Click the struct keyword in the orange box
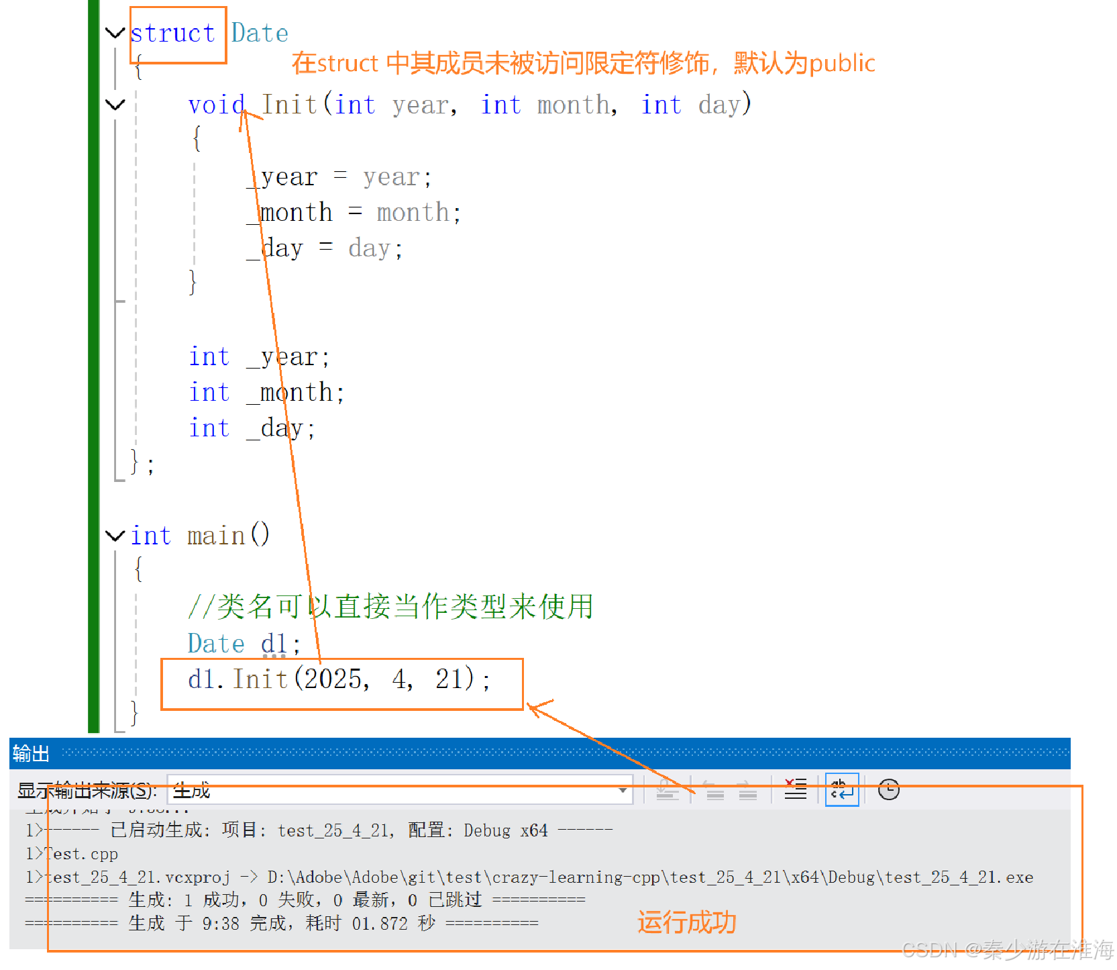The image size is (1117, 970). click(172, 34)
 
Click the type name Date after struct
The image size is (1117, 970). click(260, 34)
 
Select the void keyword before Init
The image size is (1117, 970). click(216, 105)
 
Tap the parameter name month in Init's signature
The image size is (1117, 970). click(573, 105)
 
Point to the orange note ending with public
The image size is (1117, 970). click(583, 64)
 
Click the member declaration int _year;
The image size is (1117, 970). click(259, 357)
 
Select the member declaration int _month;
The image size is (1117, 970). click(266, 393)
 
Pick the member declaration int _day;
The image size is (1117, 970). click(252, 428)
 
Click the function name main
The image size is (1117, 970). click(216, 536)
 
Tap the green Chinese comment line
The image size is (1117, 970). click(390, 607)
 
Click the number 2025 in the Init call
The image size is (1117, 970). click(333, 679)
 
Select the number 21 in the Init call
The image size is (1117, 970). click(449, 679)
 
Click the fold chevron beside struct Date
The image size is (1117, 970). click(115, 33)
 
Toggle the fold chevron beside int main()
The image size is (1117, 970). click(115, 536)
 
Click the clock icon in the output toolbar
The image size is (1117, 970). click(888, 790)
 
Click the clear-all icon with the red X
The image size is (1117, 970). click(796, 789)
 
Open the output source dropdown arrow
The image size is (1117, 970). click(623, 790)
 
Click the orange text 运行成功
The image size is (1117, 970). click(686, 923)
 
